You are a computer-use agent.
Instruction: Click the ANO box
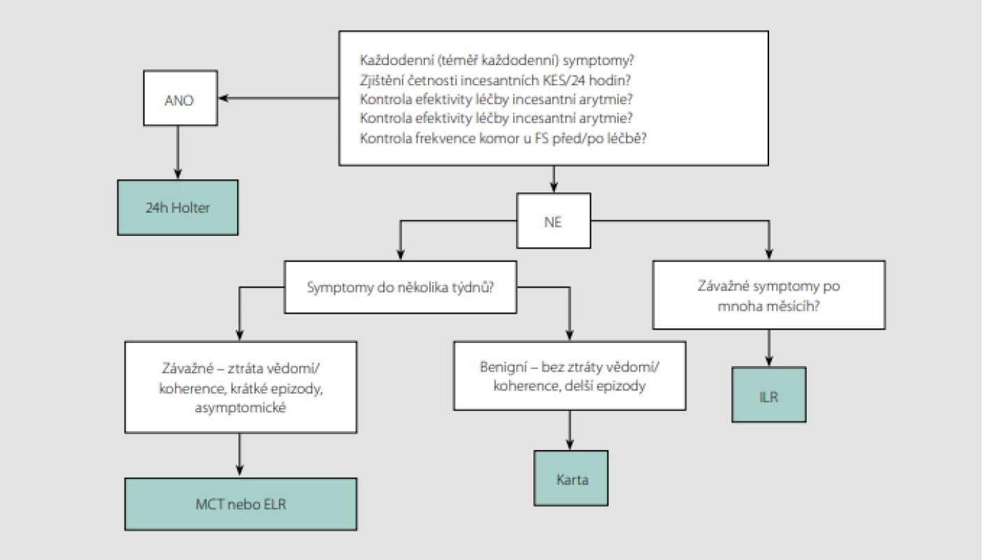click(x=180, y=98)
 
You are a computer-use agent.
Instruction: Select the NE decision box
click(x=554, y=220)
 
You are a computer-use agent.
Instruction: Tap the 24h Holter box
click(x=178, y=207)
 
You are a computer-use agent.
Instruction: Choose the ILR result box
click(x=769, y=394)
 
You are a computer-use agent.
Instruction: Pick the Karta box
click(x=571, y=478)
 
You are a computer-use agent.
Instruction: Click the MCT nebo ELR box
click(x=241, y=504)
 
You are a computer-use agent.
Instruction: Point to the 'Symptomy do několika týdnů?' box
click(x=400, y=287)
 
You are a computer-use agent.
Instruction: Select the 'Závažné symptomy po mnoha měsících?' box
click(x=769, y=295)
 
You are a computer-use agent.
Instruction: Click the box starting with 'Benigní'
click(x=570, y=376)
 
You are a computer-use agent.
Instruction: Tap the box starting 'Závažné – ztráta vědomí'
click(x=241, y=387)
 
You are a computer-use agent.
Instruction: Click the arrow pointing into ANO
click(x=279, y=98)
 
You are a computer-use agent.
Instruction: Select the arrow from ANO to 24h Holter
click(x=178, y=153)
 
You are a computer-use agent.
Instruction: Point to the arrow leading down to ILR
click(x=769, y=348)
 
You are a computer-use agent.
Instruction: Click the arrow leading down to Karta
click(x=570, y=430)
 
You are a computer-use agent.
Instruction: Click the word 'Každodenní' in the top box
click(x=396, y=60)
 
